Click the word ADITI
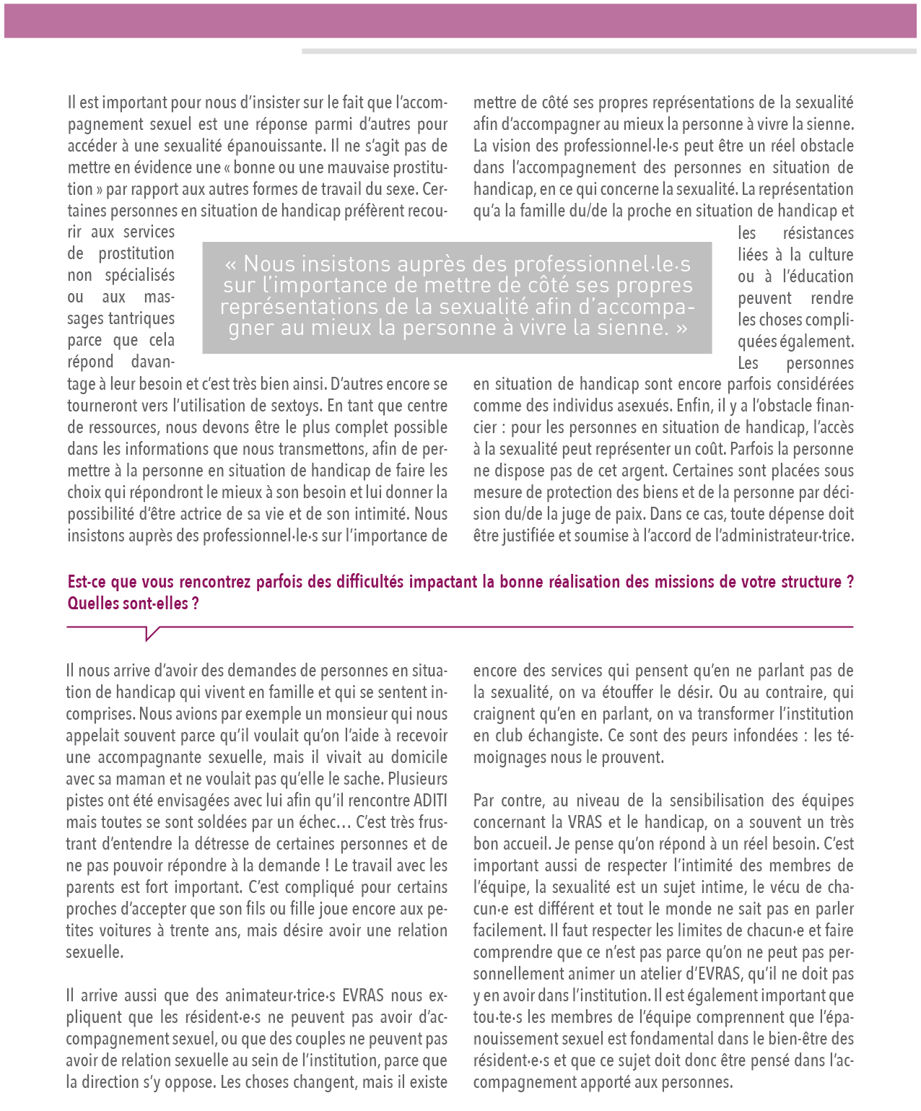430,801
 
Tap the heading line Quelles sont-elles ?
133,604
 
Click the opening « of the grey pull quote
230,263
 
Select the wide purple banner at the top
460,20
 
